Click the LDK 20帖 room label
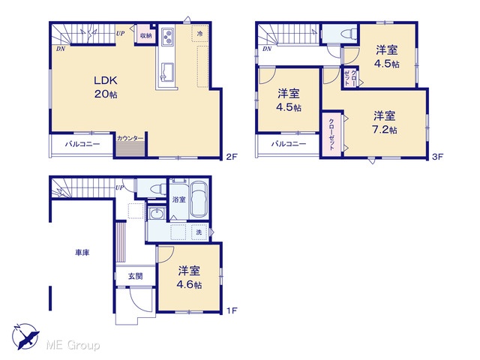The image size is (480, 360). point(106,87)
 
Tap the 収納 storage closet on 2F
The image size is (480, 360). point(145,35)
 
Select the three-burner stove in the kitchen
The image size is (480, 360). point(167,37)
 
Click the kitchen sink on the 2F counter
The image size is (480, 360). point(167,72)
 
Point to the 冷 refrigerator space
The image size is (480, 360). point(200,33)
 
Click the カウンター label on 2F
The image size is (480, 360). point(130,138)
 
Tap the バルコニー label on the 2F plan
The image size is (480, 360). point(82,144)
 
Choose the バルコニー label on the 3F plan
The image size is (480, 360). point(289,143)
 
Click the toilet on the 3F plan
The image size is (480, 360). point(349,33)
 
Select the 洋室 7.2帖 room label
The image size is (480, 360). point(385,122)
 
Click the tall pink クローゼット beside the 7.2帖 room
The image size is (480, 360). point(331,134)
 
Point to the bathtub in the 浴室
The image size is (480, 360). point(199,200)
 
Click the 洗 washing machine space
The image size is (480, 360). point(199,232)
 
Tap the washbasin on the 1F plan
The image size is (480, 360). point(157,213)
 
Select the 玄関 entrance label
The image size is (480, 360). point(135,276)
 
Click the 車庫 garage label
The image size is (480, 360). point(82,253)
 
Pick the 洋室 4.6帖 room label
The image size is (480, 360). point(189,277)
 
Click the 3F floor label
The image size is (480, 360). point(438,157)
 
